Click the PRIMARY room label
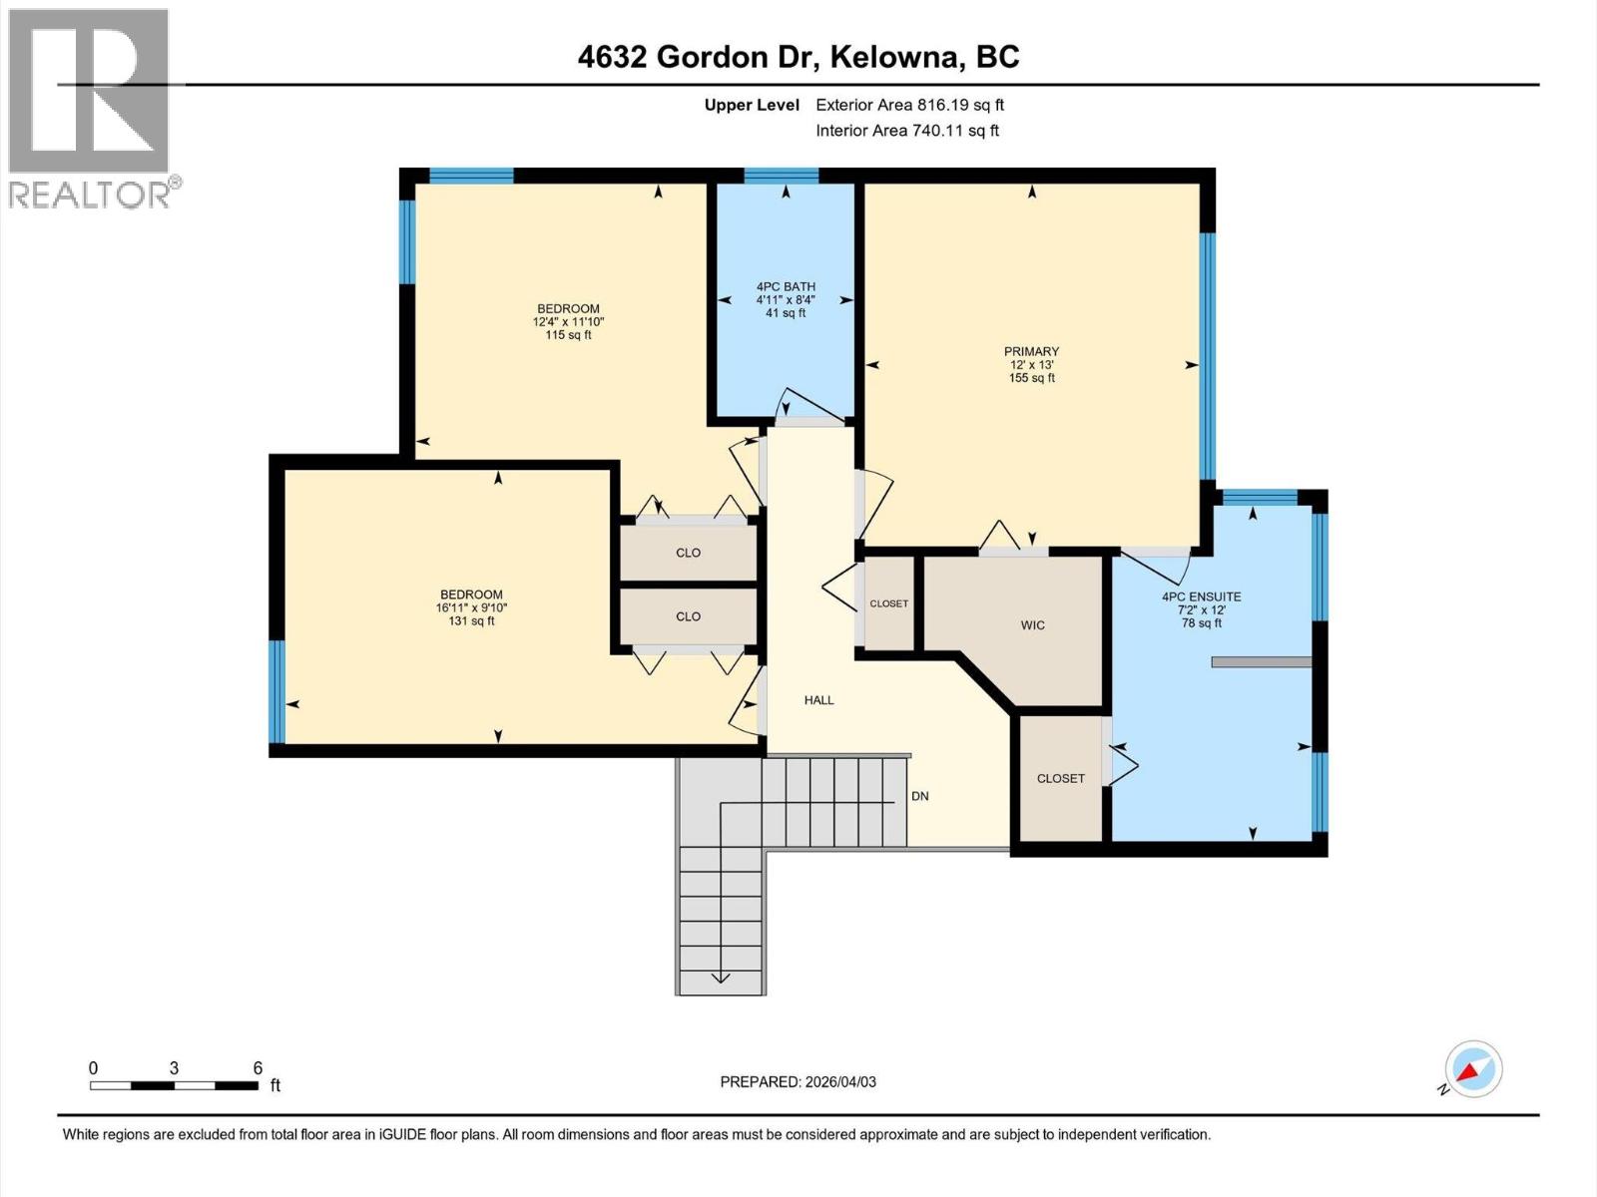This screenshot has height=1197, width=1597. click(1031, 351)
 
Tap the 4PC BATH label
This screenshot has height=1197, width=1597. click(786, 286)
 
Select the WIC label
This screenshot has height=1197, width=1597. click(1032, 625)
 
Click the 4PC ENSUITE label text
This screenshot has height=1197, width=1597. click(1201, 597)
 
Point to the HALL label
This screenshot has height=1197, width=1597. click(818, 700)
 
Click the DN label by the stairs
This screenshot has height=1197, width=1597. click(919, 796)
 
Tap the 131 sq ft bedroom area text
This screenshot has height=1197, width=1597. click(471, 620)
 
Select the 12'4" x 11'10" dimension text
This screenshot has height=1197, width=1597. click(568, 322)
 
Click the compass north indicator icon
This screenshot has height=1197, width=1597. click(1473, 1069)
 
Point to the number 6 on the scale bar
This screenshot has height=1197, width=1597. click(258, 1067)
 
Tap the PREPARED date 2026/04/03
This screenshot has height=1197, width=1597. click(798, 1081)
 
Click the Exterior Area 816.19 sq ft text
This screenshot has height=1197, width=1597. click(909, 105)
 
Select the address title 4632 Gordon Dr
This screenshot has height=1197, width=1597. click(699, 57)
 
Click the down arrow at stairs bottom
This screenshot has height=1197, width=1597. click(720, 975)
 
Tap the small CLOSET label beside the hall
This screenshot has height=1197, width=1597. click(888, 603)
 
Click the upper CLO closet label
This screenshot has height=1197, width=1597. click(688, 553)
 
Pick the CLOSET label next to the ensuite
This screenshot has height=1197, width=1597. click(1060, 778)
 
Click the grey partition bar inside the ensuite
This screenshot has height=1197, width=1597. click(1261, 662)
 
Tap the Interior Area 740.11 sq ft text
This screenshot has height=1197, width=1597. click(906, 131)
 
